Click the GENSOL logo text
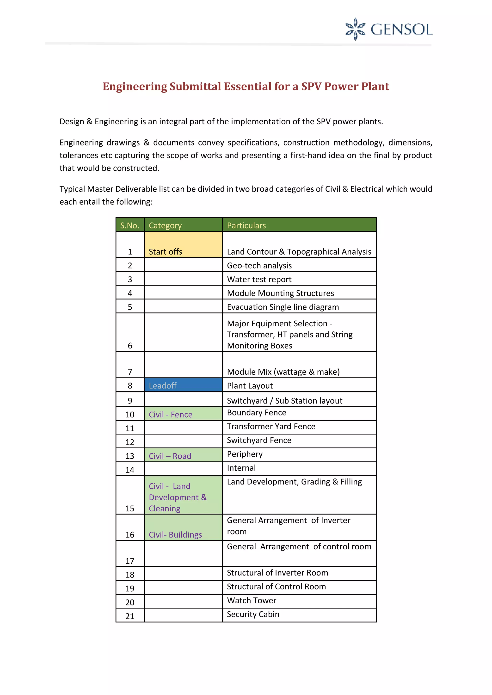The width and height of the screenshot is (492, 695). (401, 30)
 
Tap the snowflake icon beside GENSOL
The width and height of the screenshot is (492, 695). (355, 29)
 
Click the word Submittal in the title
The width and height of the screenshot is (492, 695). (195, 87)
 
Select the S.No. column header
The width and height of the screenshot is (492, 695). (130, 226)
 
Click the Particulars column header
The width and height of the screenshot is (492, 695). (246, 226)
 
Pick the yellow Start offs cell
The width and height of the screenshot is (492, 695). (183, 245)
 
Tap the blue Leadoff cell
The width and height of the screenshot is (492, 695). (183, 385)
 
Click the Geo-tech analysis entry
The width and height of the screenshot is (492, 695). (259, 265)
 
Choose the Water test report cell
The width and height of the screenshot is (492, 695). (259, 279)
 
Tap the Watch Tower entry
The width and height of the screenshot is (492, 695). (252, 600)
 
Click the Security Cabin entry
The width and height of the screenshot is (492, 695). (253, 614)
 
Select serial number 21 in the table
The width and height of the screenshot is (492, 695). (130, 616)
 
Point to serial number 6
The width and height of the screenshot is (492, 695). (130, 345)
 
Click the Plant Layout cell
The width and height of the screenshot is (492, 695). (250, 386)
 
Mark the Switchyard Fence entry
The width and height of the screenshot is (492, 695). (259, 440)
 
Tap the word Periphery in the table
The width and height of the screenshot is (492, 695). (245, 454)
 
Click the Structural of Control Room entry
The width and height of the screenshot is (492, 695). (276, 587)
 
